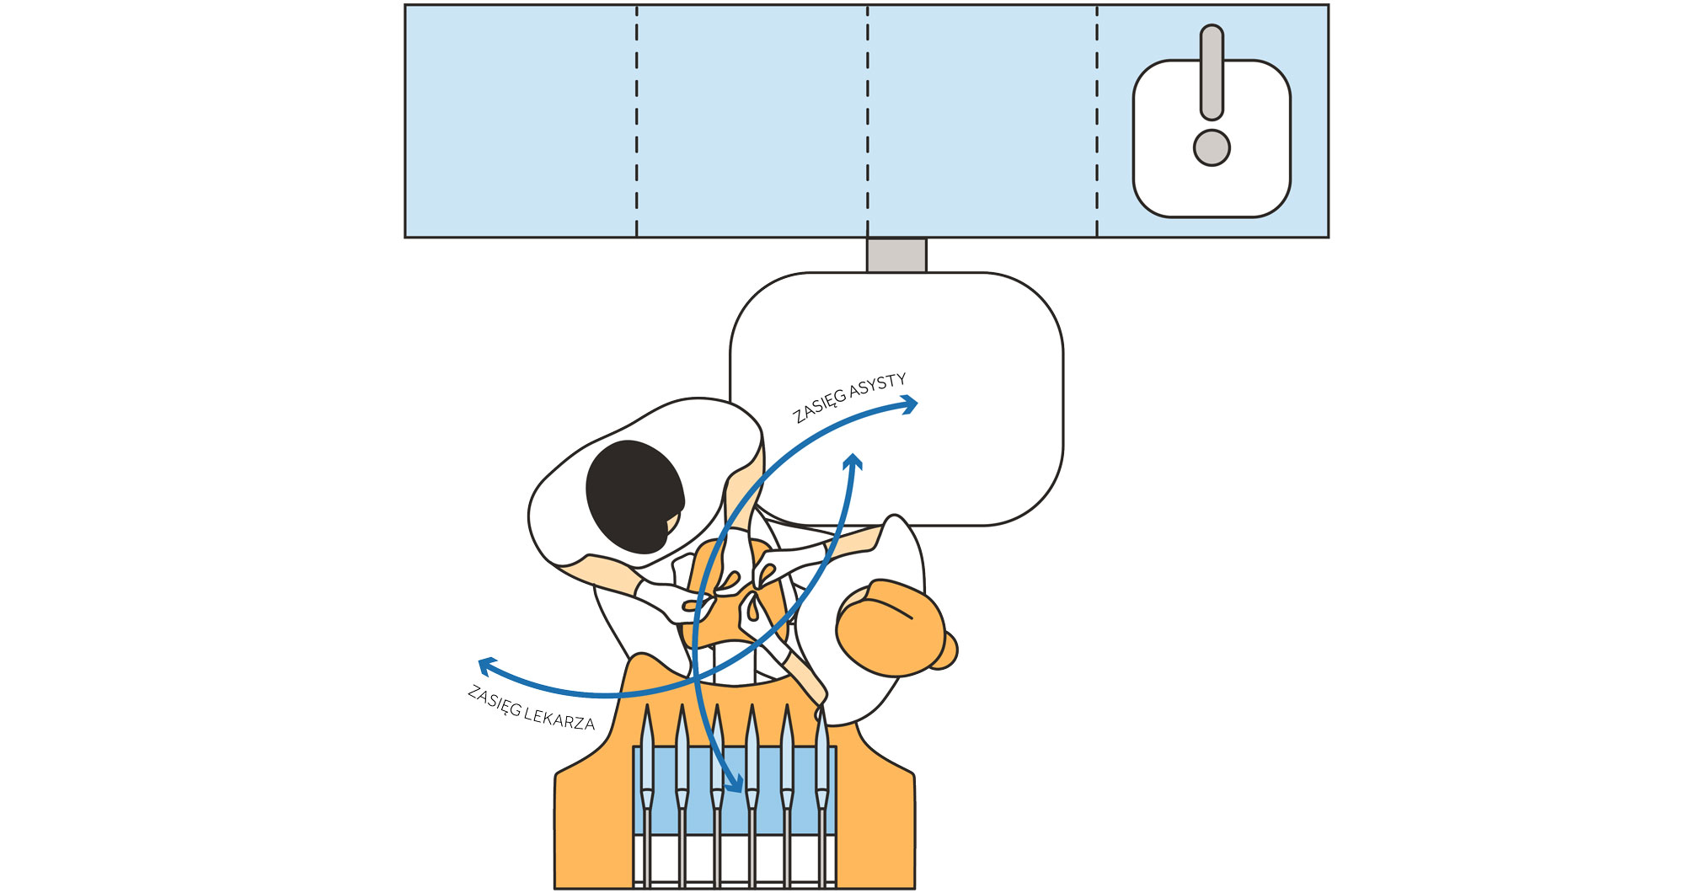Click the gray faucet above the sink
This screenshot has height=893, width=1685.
tap(1212, 72)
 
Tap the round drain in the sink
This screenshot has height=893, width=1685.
tap(1212, 147)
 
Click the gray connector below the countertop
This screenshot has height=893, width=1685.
tap(896, 255)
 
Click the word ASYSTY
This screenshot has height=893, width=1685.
tap(877, 388)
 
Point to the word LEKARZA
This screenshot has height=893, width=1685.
tap(559, 718)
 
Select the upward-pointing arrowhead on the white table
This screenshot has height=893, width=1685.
tap(853, 462)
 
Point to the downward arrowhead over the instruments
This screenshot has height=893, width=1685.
tap(734, 784)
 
